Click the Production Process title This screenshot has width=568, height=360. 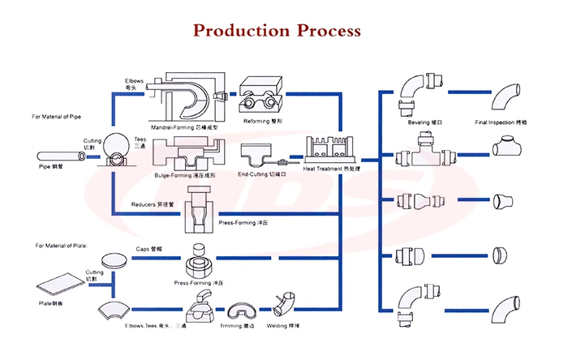click(x=276, y=31)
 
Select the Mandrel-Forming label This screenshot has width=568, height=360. click(x=185, y=127)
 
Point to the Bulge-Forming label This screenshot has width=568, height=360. click(x=187, y=174)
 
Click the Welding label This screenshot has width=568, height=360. click(x=290, y=328)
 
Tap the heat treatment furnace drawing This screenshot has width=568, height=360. click(x=329, y=151)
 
